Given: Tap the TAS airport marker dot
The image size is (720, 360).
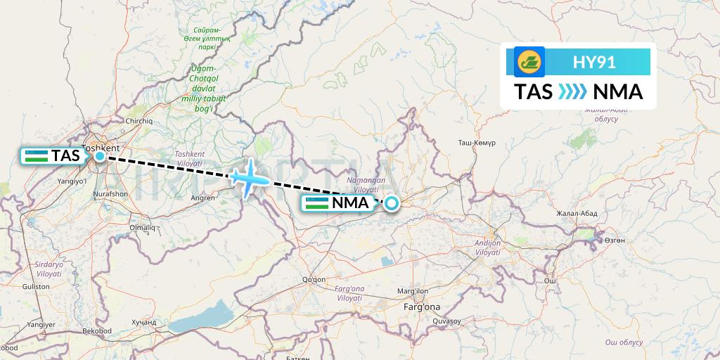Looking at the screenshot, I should pos(100,156).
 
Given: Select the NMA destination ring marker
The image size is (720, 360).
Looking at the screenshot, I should pos(390,204).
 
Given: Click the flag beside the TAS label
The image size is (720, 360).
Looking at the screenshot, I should pos(36,156).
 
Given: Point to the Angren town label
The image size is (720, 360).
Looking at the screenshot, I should pos(202,198).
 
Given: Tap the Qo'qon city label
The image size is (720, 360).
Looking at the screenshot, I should pos(313,279).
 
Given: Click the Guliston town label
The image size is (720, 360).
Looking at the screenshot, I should pos(36,286).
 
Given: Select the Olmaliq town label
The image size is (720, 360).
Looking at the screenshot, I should pos(143,227).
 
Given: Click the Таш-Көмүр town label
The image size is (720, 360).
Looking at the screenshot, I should pos(477,142).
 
